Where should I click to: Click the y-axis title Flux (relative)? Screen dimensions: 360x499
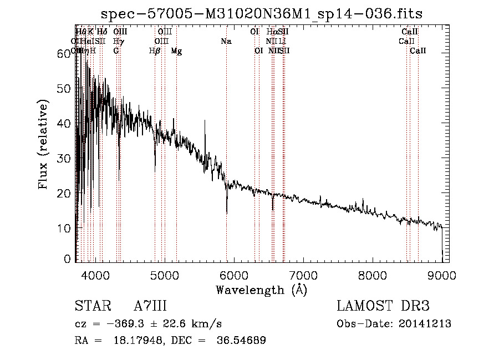click(43, 144)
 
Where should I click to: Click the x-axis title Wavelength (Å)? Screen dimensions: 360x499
click(261, 290)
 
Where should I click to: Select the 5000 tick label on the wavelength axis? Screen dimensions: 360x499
click(164, 275)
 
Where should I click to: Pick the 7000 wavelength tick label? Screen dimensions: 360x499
click(303, 275)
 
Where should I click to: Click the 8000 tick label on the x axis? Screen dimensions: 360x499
click(373, 275)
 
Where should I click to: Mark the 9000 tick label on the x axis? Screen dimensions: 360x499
click(442, 275)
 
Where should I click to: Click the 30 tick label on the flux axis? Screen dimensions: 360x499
click(65, 158)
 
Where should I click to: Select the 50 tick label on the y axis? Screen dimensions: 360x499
click(65, 88)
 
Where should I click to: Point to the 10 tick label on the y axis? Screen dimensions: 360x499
click(65, 228)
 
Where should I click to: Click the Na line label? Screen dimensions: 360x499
click(226, 42)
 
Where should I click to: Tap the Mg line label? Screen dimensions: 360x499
click(176, 51)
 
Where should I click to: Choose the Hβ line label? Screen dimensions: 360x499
click(155, 51)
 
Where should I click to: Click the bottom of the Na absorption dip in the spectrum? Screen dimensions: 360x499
click(227, 213)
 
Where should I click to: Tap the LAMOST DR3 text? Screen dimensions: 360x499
click(383, 307)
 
